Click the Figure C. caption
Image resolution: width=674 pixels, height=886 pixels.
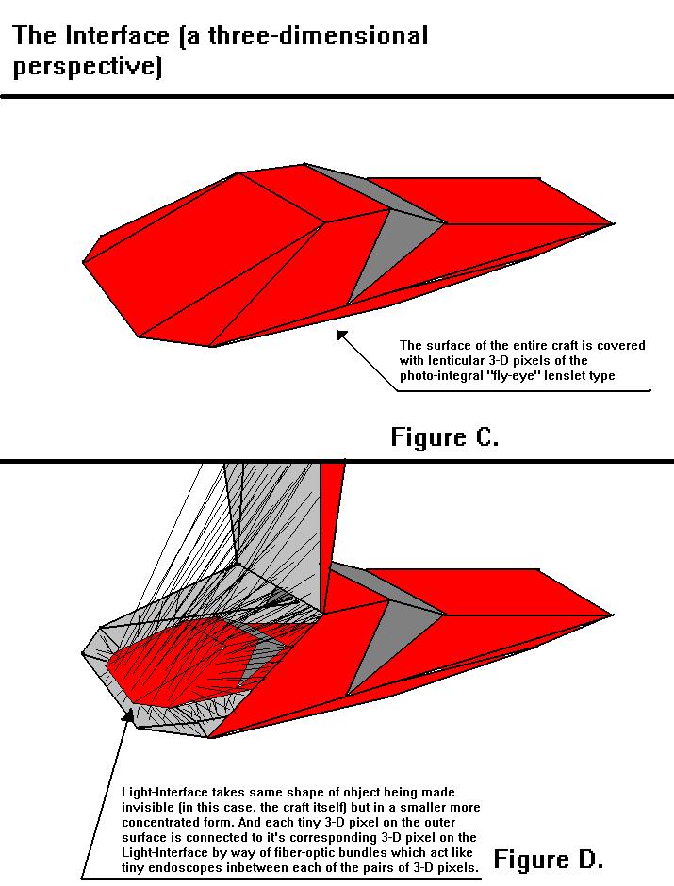coord(444,437)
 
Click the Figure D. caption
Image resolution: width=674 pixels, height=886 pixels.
coord(548,859)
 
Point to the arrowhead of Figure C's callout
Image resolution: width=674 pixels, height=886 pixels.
coord(339,334)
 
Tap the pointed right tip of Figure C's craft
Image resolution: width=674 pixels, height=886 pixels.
coord(612,224)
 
